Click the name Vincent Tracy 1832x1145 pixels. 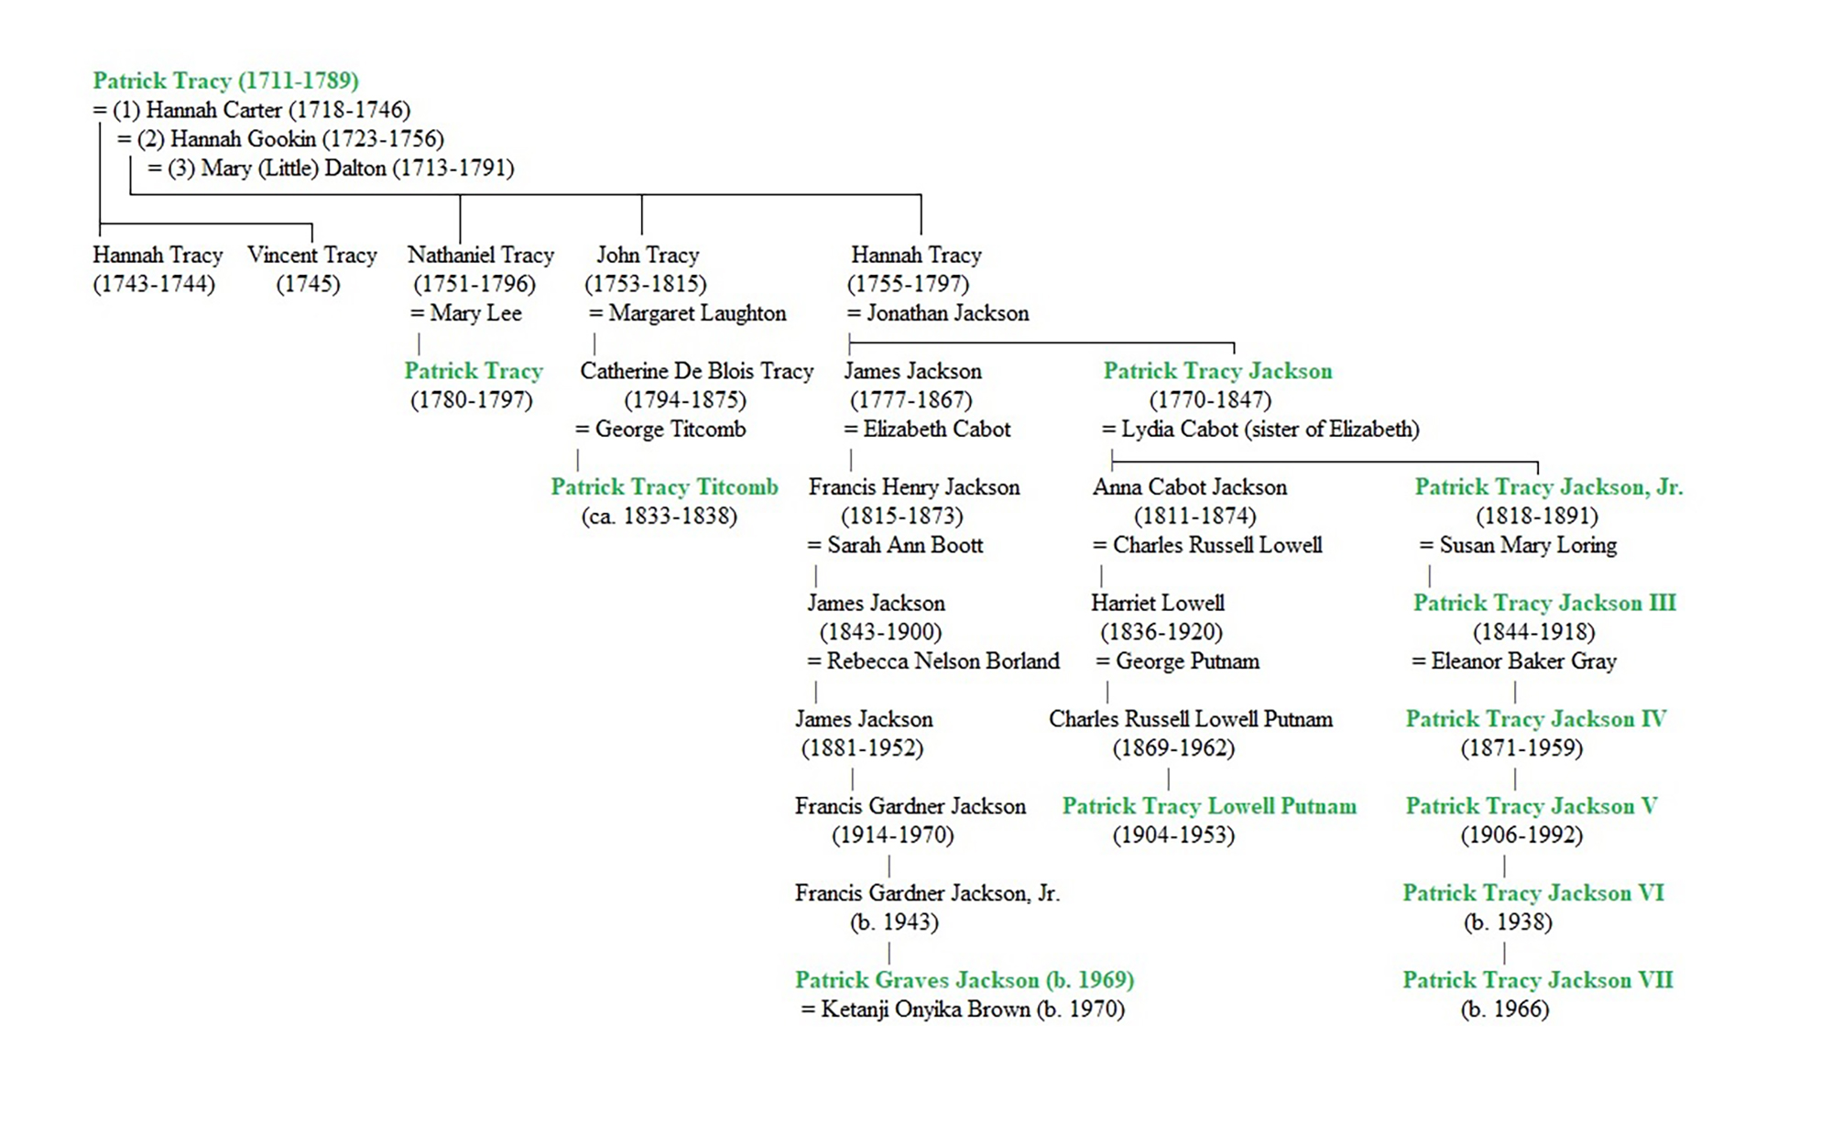(x=312, y=255)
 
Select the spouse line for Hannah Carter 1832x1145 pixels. (x=252, y=110)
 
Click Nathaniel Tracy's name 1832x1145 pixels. (x=481, y=255)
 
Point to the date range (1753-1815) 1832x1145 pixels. (x=646, y=284)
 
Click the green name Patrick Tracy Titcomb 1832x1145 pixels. (x=664, y=487)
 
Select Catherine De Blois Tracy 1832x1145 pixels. (x=697, y=371)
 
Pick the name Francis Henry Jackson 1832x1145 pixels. (x=914, y=487)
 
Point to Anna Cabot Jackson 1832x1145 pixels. (x=1190, y=487)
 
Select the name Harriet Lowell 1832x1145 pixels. (x=1158, y=603)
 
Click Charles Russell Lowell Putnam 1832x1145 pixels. (x=1191, y=719)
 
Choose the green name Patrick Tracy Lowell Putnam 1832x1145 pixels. (x=1209, y=806)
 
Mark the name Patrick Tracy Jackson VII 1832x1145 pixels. (x=1538, y=980)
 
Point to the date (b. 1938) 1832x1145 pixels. (x=1508, y=922)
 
